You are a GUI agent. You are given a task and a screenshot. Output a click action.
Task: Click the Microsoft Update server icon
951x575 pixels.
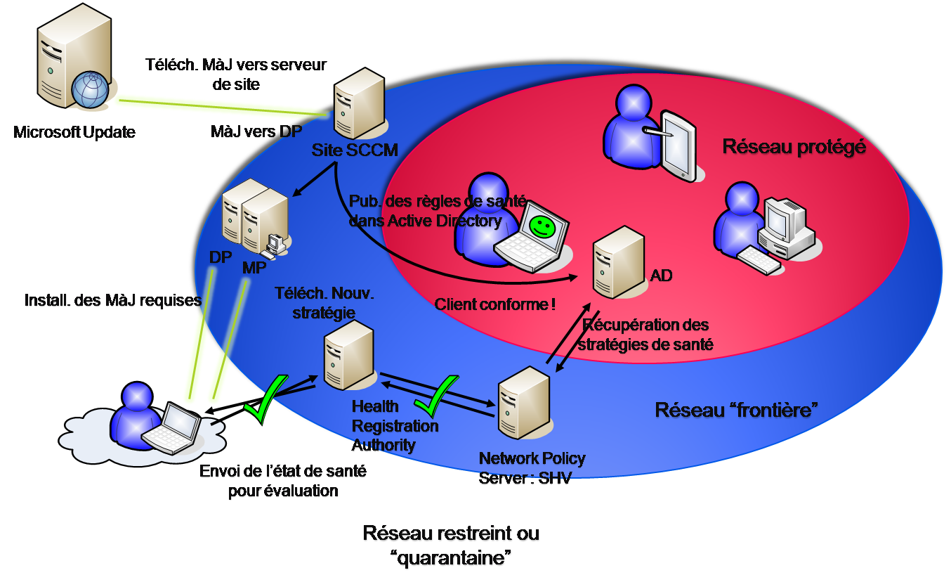tap(67, 63)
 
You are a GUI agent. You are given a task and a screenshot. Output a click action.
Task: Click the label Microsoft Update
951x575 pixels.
tap(74, 132)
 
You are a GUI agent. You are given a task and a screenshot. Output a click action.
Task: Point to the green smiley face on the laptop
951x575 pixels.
tap(541, 225)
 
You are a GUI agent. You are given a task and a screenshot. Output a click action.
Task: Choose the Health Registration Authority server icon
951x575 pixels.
tap(348, 355)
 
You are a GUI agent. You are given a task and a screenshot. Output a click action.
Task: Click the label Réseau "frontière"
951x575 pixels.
tap(735, 410)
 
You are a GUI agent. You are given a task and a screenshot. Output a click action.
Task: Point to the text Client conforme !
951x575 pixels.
tap(495, 304)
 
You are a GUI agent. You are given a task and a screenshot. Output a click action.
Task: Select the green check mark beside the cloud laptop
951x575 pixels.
tap(265, 399)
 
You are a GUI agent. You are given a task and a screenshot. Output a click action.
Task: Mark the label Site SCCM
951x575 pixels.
tap(355, 150)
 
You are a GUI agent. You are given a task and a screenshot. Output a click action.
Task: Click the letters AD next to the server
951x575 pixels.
tap(662, 275)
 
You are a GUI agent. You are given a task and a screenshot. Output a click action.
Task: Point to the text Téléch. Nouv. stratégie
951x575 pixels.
tap(324, 303)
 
